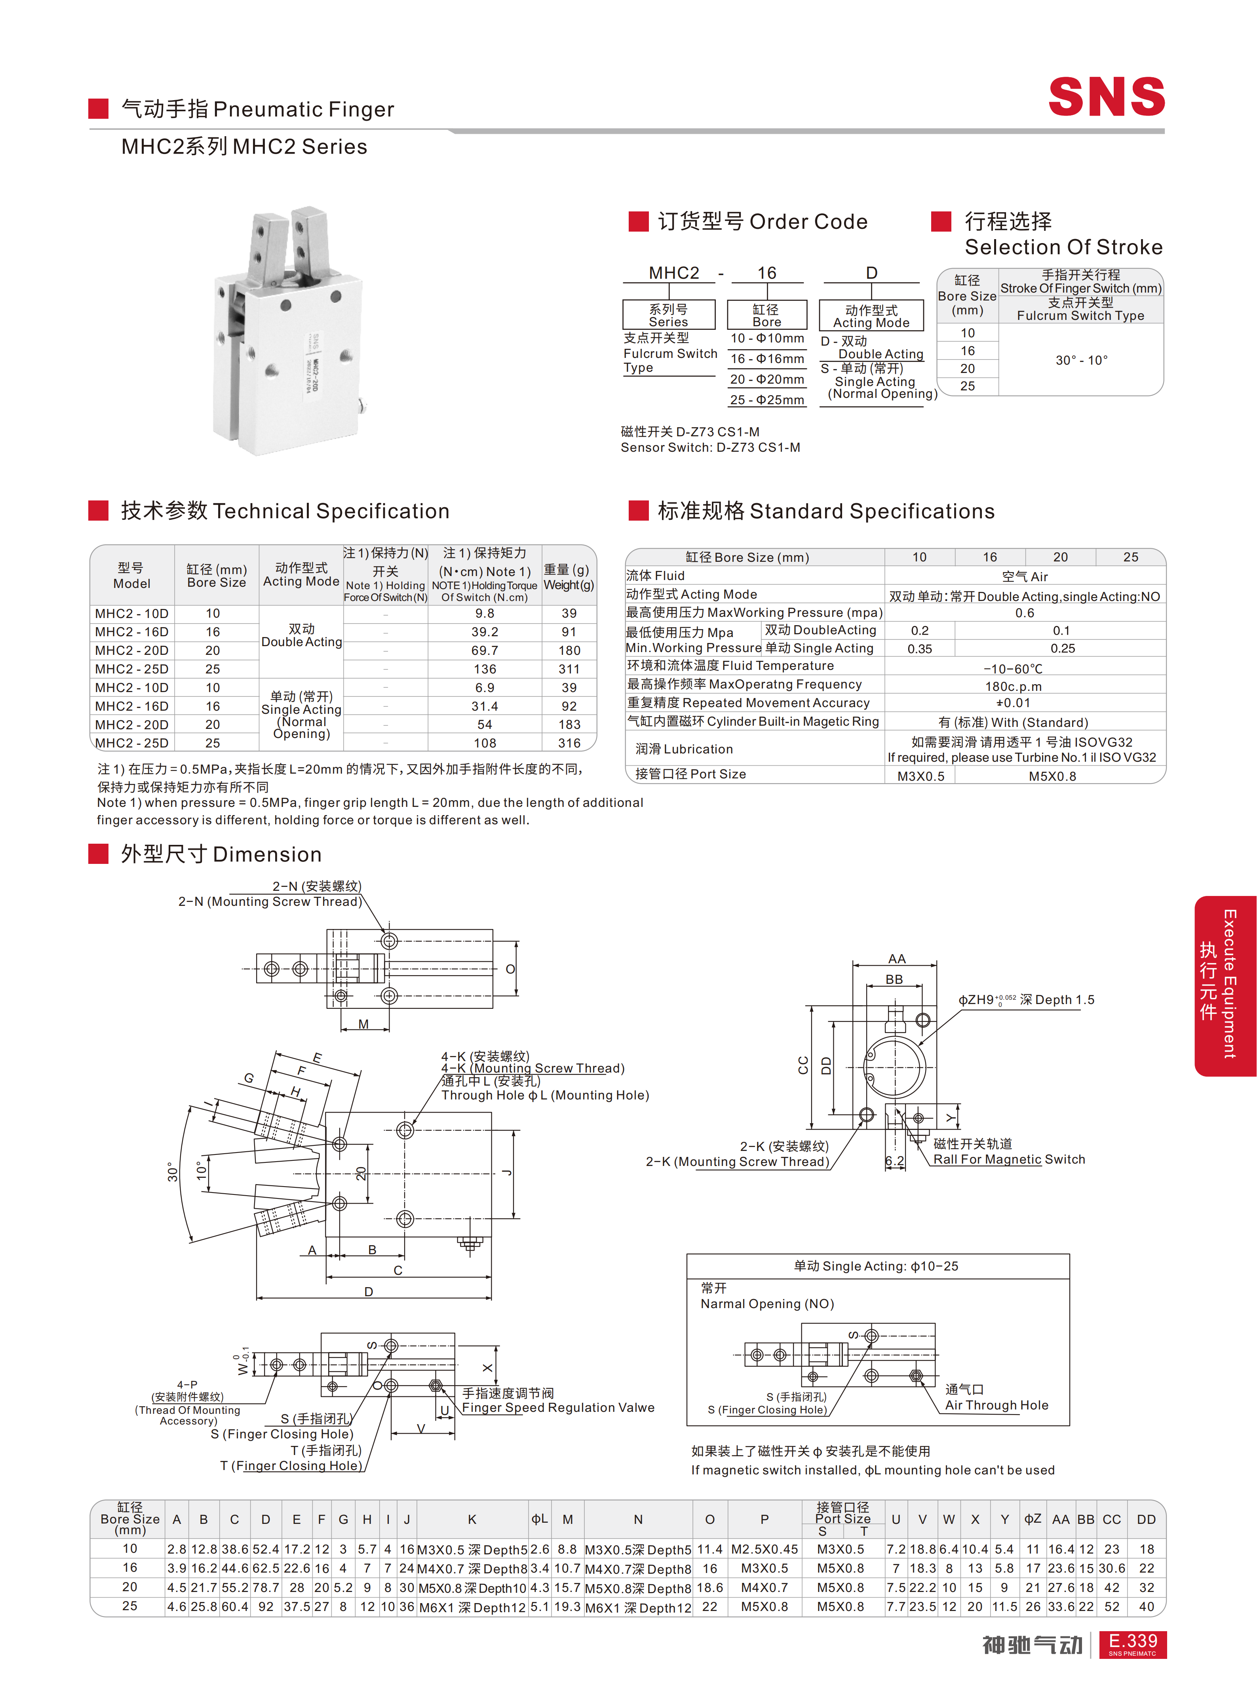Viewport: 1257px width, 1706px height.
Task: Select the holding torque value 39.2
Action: [x=485, y=631]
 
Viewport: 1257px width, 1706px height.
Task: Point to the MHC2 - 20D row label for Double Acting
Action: [x=131, y=650]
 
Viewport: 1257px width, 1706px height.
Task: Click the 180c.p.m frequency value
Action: [x=1014, y=687]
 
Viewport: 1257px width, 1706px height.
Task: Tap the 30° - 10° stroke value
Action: [x=1081, y=360]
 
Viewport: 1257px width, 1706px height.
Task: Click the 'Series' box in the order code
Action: [x=669, y=315]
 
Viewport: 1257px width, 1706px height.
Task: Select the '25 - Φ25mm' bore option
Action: [x=767, y=399]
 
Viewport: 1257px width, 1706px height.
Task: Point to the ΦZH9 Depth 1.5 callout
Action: [x=1026, y=1000]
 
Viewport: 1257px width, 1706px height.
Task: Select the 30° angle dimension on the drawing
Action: [x=173, y=1172]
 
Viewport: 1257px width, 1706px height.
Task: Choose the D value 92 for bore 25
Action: [x=266, y=1606]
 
